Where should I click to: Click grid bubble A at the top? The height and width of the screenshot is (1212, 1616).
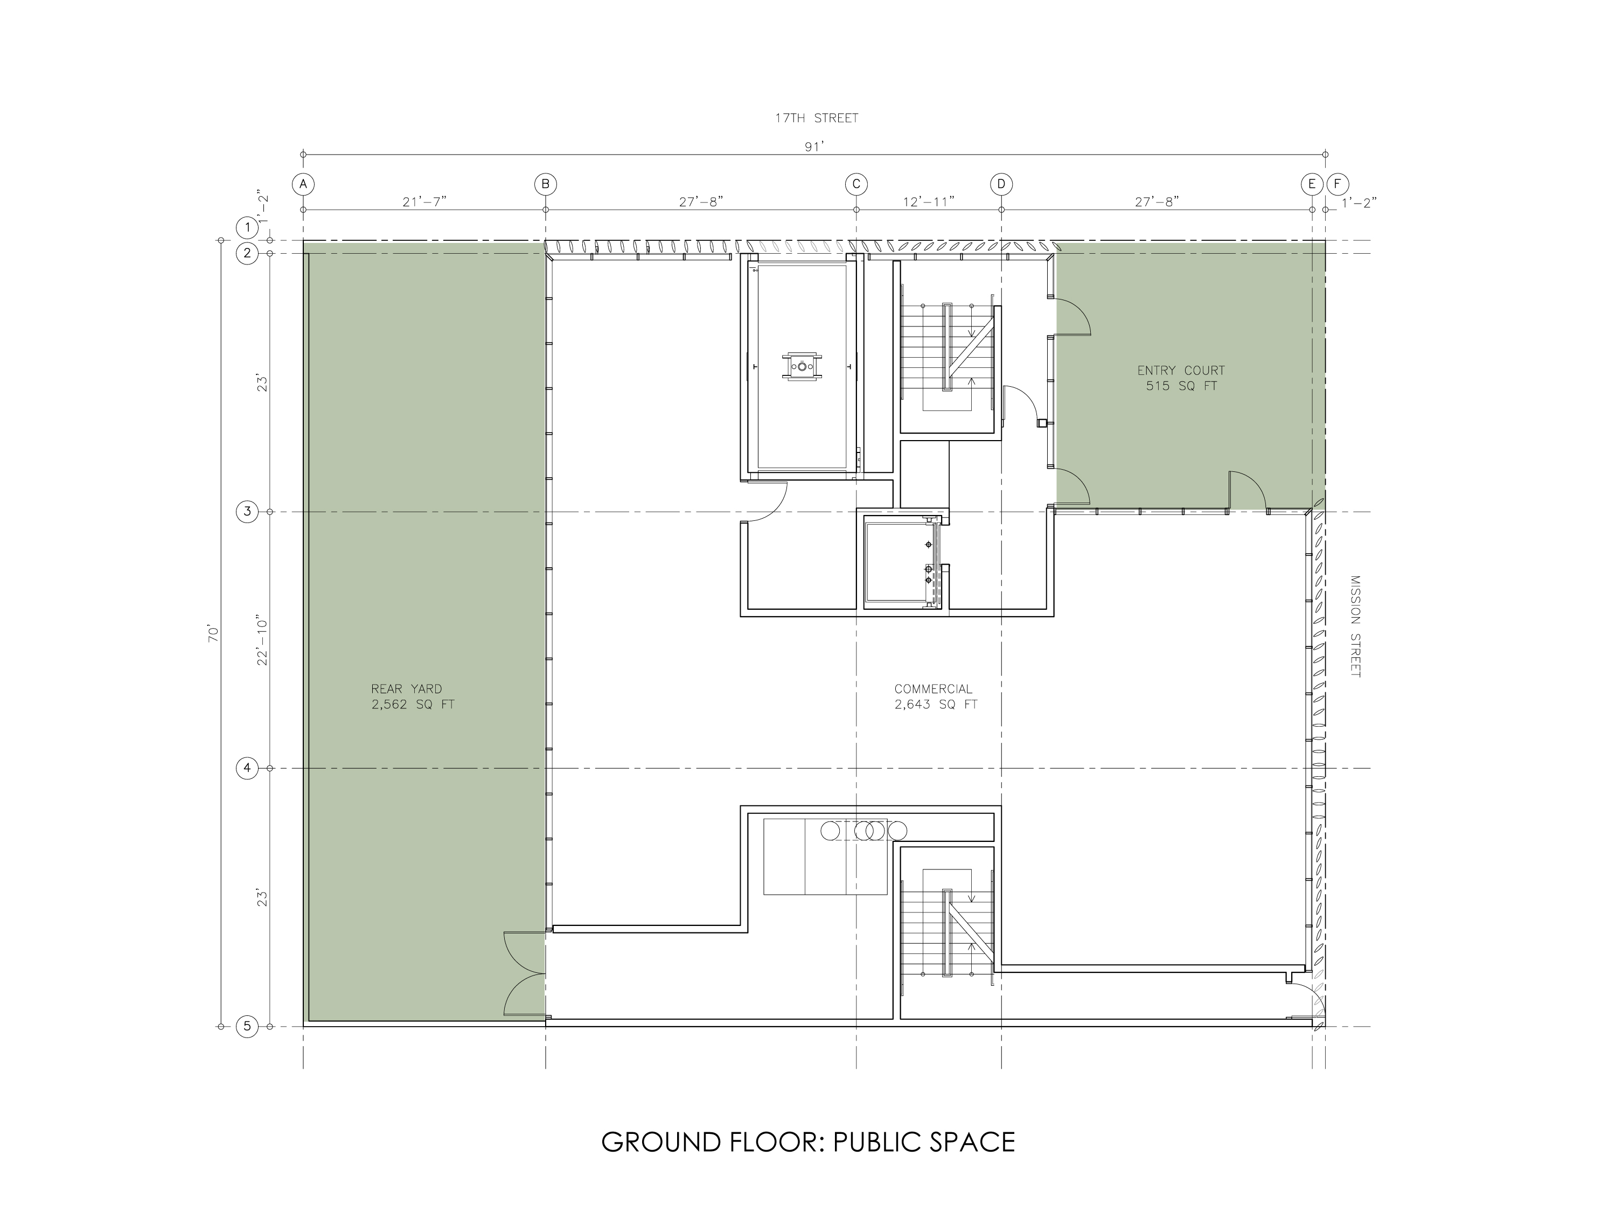tap(303, 184)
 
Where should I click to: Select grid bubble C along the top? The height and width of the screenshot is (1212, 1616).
tap(856, 184)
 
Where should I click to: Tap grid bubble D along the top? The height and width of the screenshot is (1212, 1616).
tap(1001, 184)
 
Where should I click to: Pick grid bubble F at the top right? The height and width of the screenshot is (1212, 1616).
tap(1338, 184)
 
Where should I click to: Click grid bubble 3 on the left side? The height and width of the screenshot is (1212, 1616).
tap(247, 511)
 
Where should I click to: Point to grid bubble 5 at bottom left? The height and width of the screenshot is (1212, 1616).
tap(247, 1027)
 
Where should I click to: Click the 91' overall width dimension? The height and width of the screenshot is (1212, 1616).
tap(814, 146)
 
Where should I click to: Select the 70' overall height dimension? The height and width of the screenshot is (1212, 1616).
tap(213, 633)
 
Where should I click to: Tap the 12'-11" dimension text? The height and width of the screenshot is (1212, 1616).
tap(929, 201)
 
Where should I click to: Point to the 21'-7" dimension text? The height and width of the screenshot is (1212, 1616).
tap(424, 201)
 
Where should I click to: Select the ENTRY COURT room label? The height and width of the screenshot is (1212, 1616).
tap(1181, 371)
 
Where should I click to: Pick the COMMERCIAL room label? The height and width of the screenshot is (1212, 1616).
tap(934, 688)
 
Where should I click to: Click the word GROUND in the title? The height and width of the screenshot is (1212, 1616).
tap(662, 1142)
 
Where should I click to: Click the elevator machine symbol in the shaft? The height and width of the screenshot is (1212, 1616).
tap(802, 365)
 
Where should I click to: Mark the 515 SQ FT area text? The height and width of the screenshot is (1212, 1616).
tap(1181, 386)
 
